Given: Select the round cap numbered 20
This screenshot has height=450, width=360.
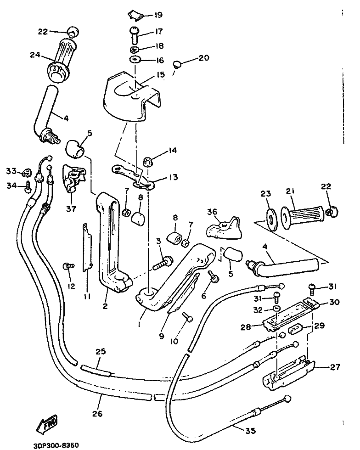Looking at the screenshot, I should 179,64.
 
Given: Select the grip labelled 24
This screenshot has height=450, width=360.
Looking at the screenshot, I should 62,59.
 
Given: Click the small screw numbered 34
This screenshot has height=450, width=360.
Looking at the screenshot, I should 28,186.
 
